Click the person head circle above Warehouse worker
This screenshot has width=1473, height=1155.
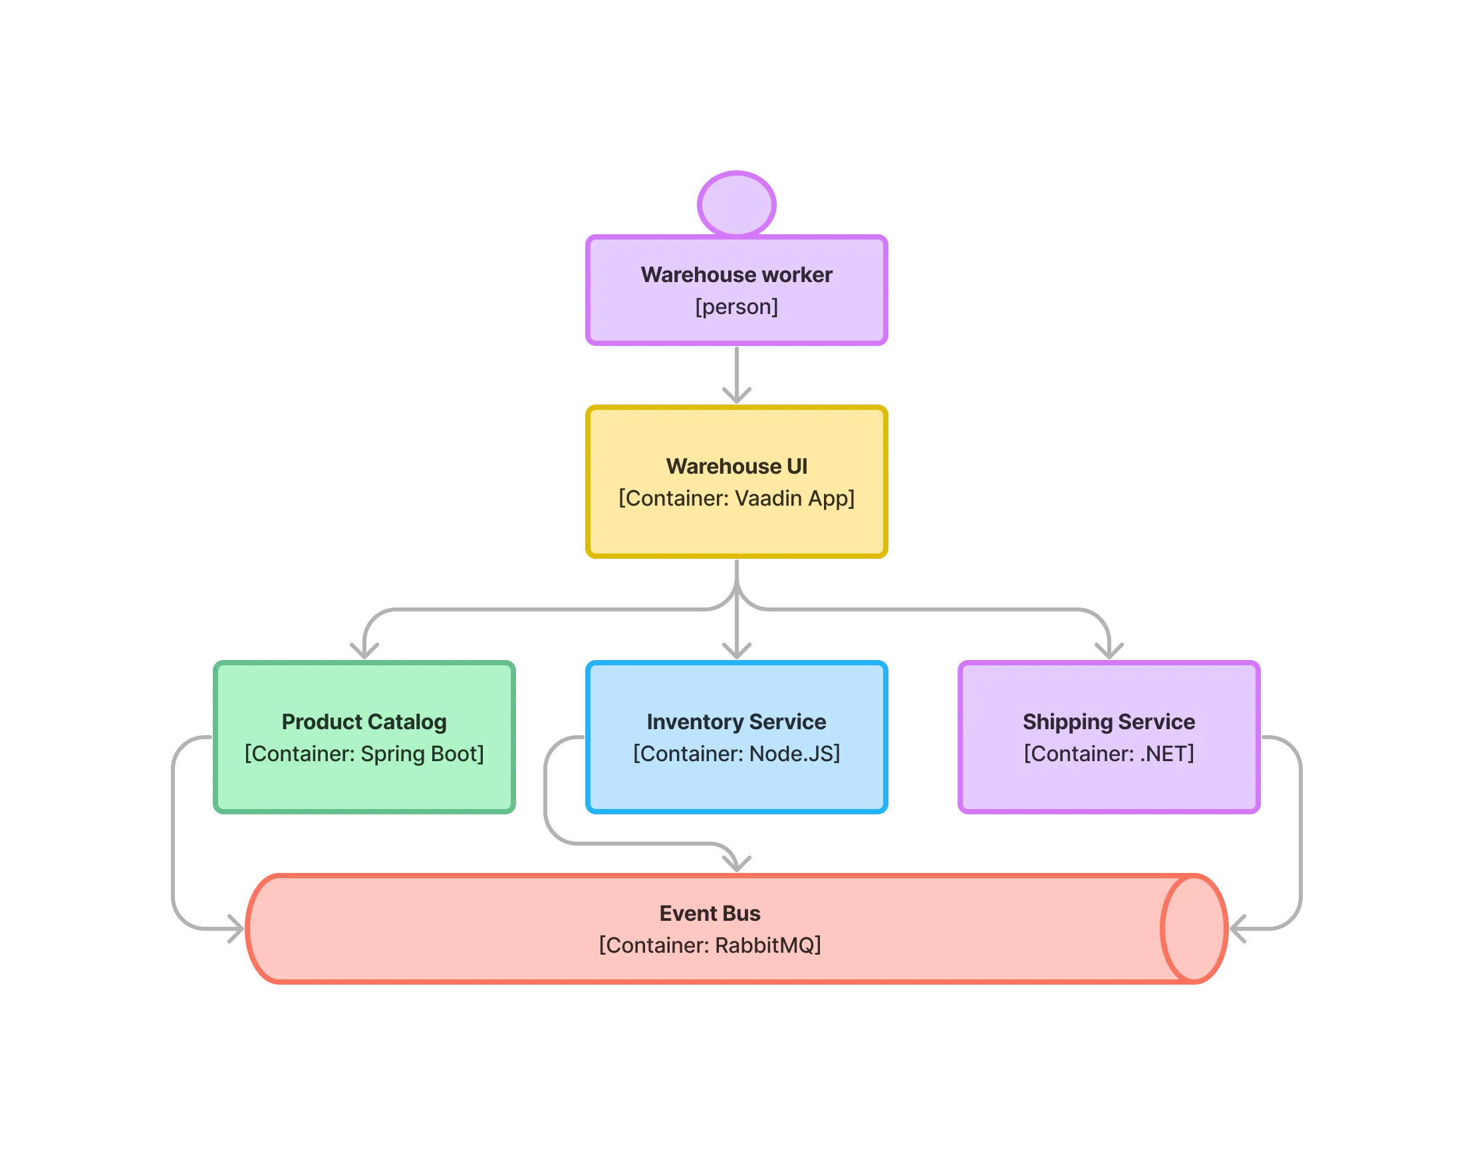[x=736, y=204]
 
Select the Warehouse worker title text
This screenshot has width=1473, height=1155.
[x=736, y=275]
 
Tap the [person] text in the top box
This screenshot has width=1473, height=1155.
[x=736, y=307]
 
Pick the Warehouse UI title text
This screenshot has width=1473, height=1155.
[x=736, y=466]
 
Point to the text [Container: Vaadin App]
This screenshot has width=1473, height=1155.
[x=736, y=498]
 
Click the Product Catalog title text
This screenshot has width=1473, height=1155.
[x=364, y=721]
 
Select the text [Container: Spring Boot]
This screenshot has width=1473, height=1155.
[x=364, y=753]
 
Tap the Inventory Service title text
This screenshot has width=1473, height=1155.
[x=736, y=721]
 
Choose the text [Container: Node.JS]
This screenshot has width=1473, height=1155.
[x=736, y=753]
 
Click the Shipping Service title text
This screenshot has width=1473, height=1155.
[x=1109, y=721]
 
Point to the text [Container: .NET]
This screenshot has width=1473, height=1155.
[x=1109, y=753]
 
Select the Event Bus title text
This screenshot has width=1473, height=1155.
[x=710, y=913]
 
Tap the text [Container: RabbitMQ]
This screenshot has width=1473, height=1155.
[x=710, y=945]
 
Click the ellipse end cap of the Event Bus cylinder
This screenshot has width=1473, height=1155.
[x=1194, y=927]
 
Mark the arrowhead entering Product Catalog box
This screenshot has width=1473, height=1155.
[x=364, y=648]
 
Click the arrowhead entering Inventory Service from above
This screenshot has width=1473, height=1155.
[x=736, y=648]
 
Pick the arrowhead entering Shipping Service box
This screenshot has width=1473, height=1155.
[x=1109, y=648]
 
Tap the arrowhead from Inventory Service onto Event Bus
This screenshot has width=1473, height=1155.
[x=736, y=861]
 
